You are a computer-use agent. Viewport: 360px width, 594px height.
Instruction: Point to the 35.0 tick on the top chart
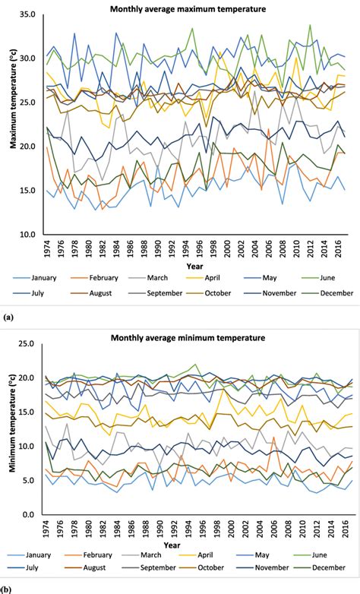pyautogui.click(x=27, y=14)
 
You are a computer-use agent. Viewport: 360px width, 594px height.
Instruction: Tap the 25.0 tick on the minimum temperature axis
pyautogui.click(x=27, y=343)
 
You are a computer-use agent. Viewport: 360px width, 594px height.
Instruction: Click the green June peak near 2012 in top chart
pyautogui.click(x=310, y=25)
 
